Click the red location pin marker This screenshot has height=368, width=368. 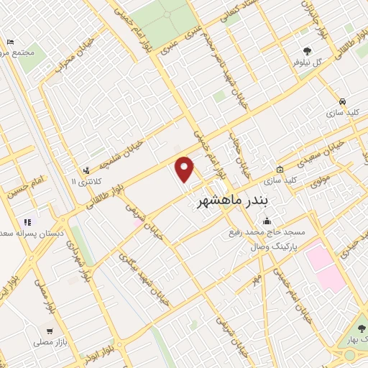click(185, 169)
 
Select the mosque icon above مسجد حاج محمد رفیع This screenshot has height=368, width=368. click(267, 221)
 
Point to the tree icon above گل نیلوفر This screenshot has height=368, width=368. click(307, 51)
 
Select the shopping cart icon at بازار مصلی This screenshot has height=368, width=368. click(48, 332)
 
